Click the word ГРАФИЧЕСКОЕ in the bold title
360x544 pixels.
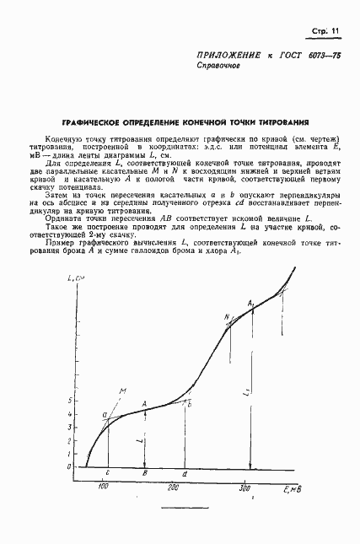pyautogui.click(x=105, y=121)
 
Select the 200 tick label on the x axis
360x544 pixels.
pyautogui.click(x=175, y=487)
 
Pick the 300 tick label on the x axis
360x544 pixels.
pyautogui.click(x=245, y=487)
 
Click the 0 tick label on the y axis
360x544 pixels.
pyautogui.click(x=71, y=466)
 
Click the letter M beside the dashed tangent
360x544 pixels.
pyautogui.click(x=122, y=390)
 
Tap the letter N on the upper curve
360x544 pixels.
pyautogui.click(x=226, y=317)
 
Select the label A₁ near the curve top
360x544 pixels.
pyautogui.click(x=250, y=302)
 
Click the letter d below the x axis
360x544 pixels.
pyautogui.click(x=185, y=474)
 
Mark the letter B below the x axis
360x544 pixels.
pyautogui.click(x=145, y=474)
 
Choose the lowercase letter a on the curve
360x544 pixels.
pyautogui.click(x=104, y=415)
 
